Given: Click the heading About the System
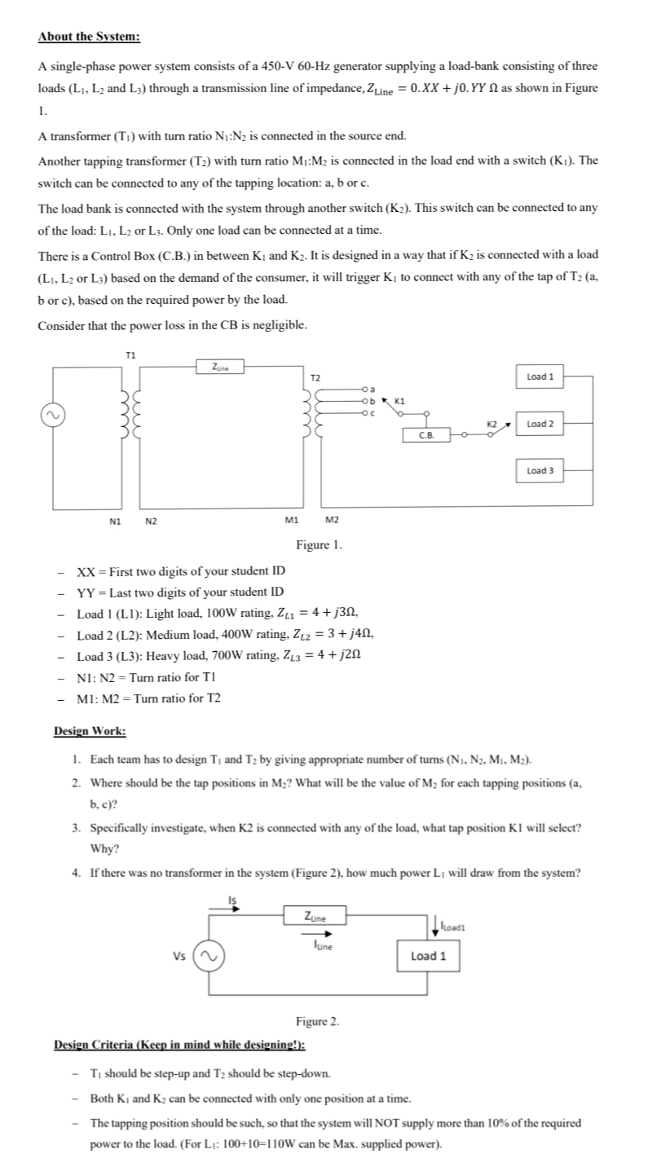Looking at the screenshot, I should point(89,37).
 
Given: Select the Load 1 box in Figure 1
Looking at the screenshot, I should point(540,377).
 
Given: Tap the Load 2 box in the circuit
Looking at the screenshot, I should point(540,424).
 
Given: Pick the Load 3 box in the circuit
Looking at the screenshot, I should point(540,470).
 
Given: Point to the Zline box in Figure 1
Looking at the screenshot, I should point(220,368).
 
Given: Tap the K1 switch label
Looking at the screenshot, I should point(399,400).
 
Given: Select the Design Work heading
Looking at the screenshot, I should point(90,730).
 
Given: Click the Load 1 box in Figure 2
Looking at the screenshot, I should point(428,955).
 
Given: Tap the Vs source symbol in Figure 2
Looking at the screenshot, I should point(206,956).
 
